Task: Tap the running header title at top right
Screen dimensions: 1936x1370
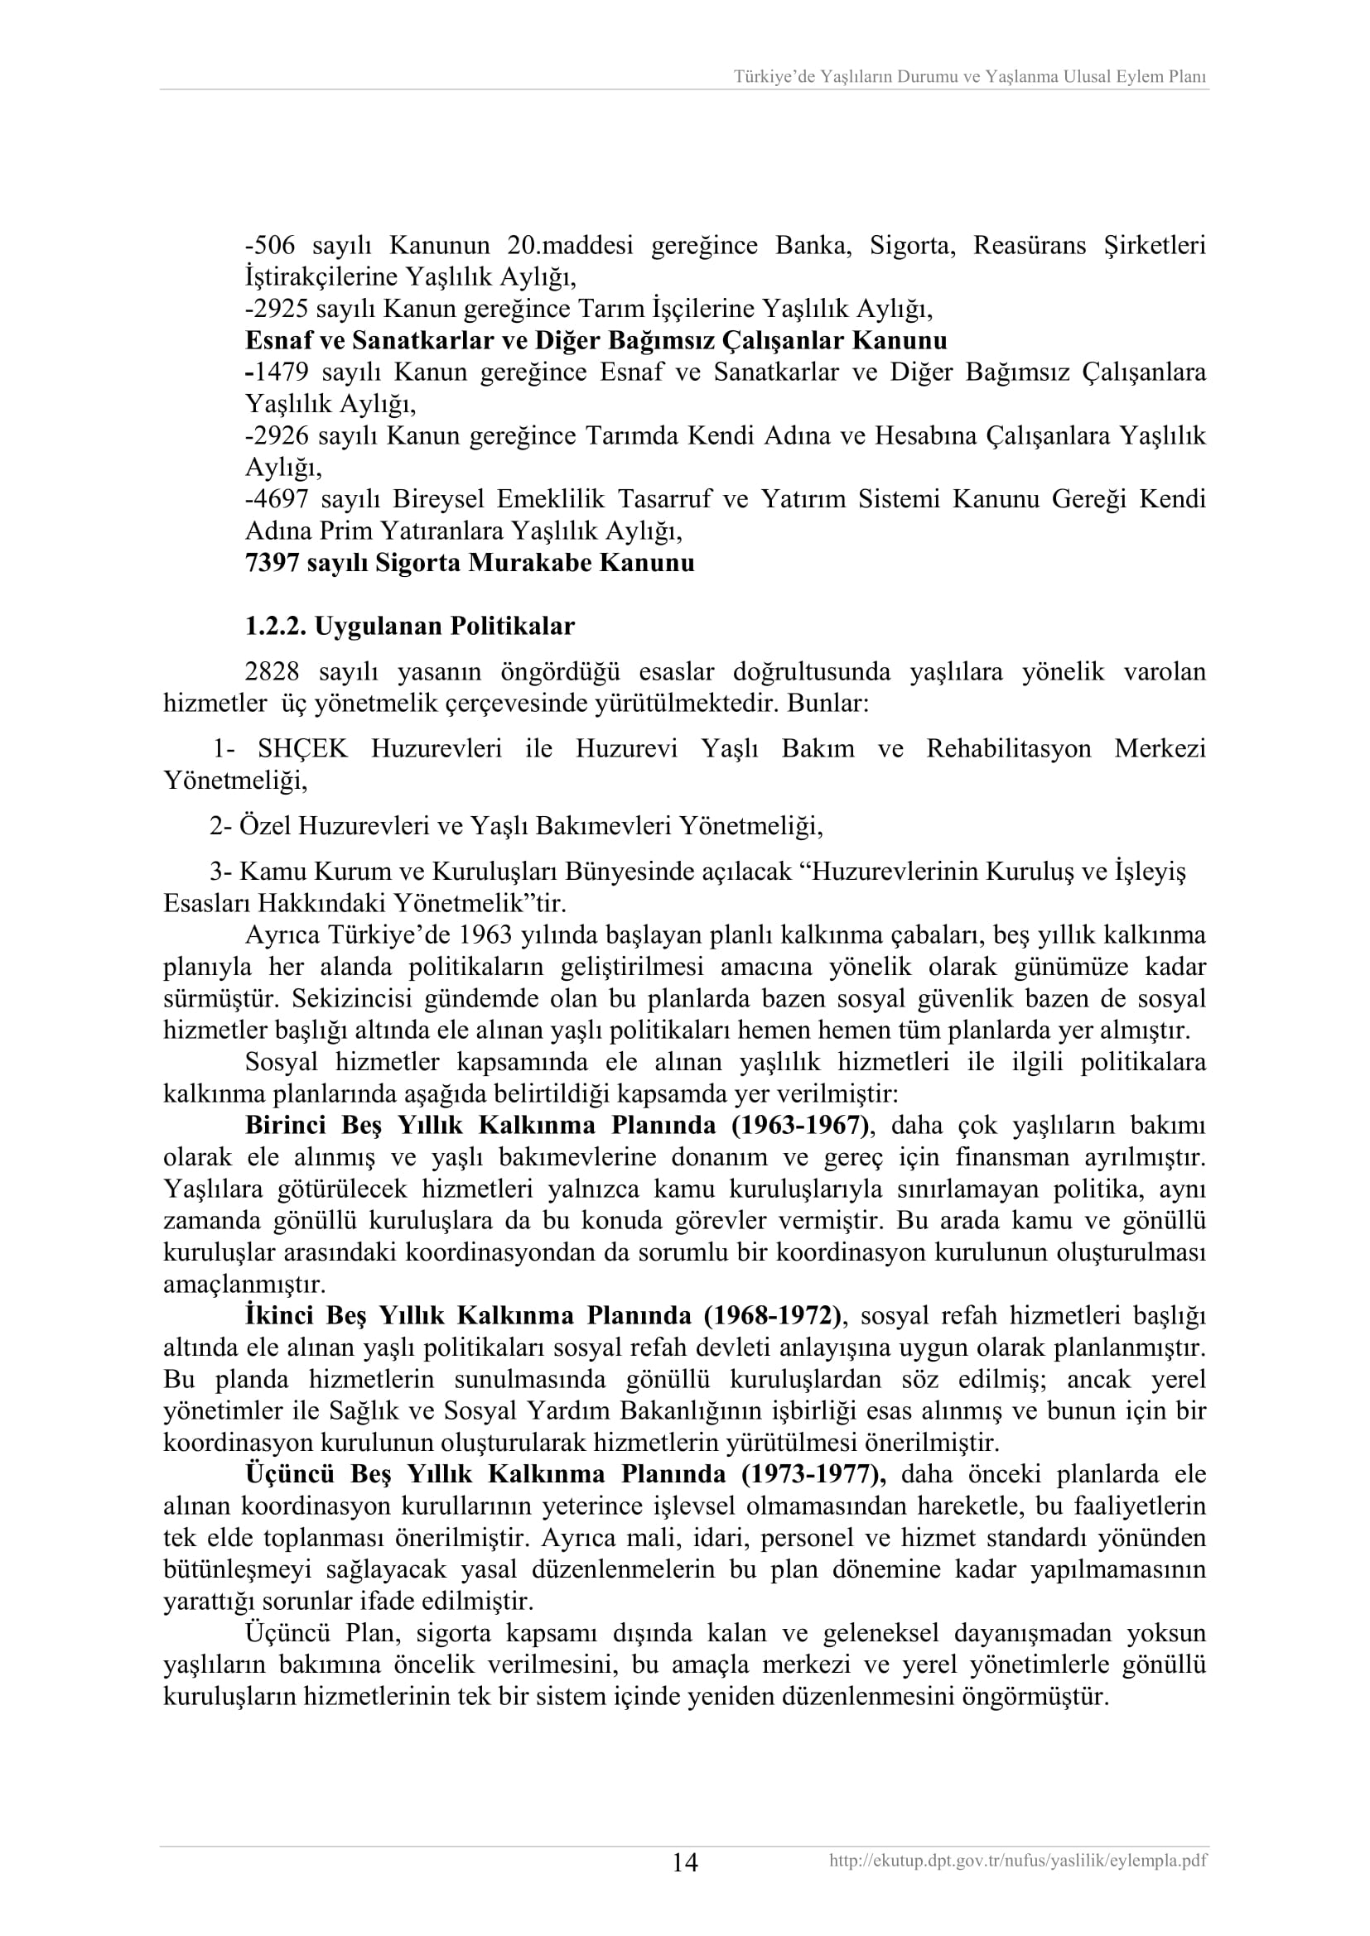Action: [969, 77]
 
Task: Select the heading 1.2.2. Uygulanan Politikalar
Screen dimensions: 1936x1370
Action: [409, 626]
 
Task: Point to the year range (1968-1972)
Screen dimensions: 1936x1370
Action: [774, 1315]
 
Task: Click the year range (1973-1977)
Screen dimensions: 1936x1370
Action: [814, 1474]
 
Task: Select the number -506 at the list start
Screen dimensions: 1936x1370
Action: [268, 245]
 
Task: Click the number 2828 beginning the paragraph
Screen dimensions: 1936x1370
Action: [273, 672]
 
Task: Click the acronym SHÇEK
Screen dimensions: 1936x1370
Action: [303, 748]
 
